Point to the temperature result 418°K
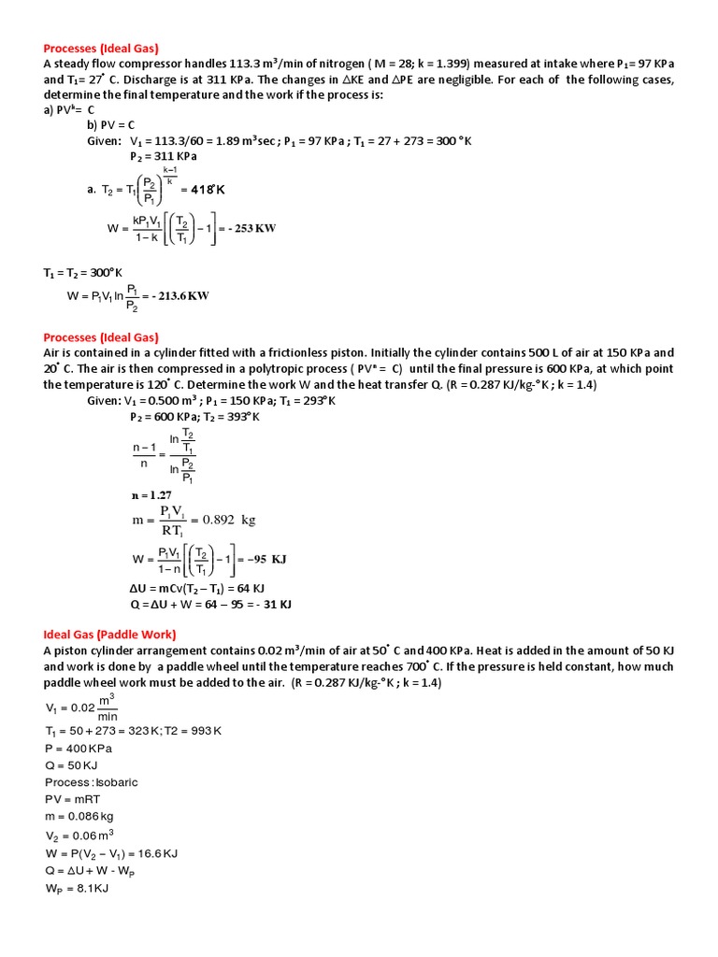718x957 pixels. [208, 190]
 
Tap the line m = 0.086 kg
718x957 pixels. [81, 816]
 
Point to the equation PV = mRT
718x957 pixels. [74, 799]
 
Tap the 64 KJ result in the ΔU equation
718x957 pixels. [247, 590]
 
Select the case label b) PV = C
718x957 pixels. [111, 124]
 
